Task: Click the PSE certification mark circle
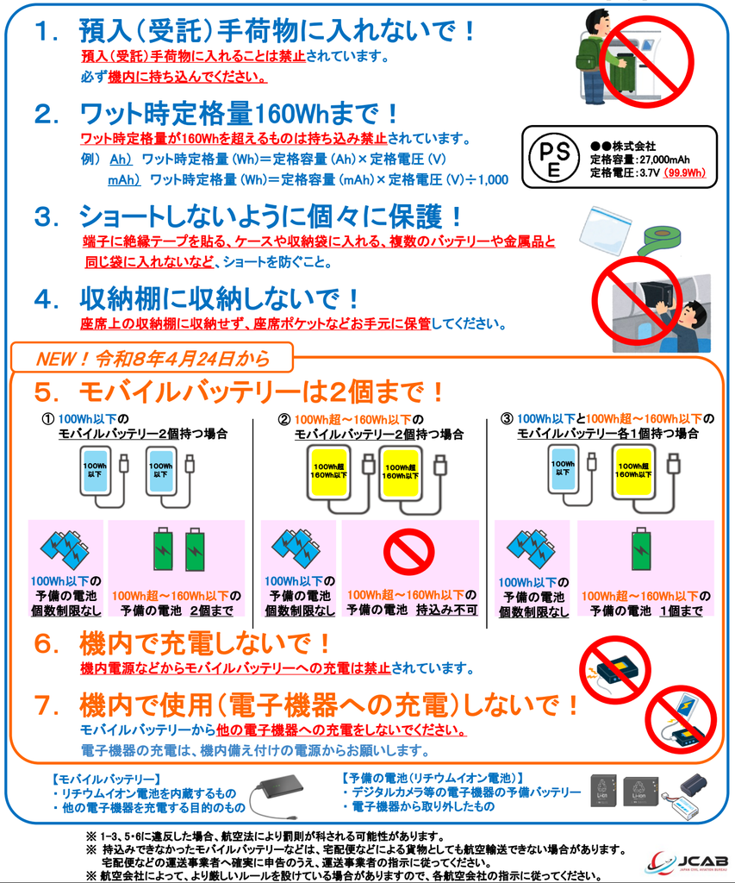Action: tap(554, 157)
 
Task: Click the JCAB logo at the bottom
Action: tap(688, 862)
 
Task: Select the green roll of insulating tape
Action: tap(658, 239)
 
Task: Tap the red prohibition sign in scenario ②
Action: tap(408, 552)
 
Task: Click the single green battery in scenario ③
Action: tap(640, 548)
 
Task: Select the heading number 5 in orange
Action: tap(47, 392)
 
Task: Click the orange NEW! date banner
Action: tap(152, 358)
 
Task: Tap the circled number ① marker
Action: tap(48, 420)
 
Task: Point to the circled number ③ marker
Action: tap(507, 419)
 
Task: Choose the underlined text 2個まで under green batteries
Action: tap(212, 611)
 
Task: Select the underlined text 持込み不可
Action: tap(447, 610)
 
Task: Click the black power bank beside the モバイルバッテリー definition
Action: tap(279, 789)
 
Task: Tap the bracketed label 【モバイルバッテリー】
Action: tap(106, 780)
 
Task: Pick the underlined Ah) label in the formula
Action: tap(121, 160)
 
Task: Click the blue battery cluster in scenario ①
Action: tap(65, 548)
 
